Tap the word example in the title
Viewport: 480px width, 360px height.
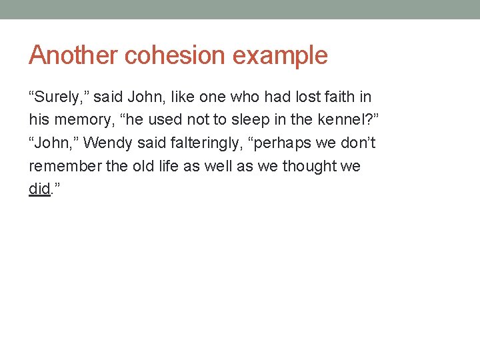(x=280, y=56)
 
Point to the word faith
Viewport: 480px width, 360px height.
(x=339, y=97)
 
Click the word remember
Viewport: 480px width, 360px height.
(x=65, y=166)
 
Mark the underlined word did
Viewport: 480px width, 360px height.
(x=39, y=189)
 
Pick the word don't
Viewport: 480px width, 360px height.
(x=360, y=143)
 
